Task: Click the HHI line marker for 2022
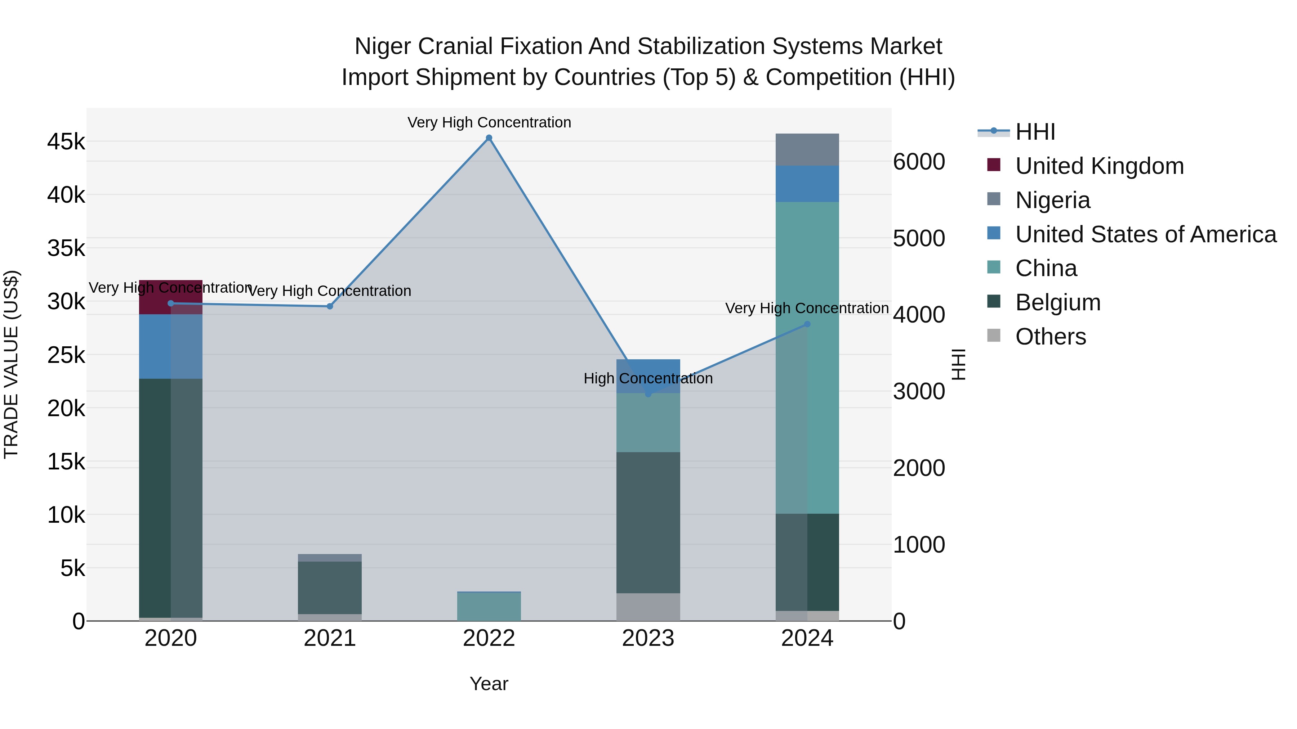click(x=489, y=138)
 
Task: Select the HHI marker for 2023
click(x=648, y=394)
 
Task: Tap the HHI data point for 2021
click(x=330, y=306)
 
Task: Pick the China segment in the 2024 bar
click(x=807, y=357)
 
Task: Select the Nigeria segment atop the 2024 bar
click(x=807, y=149)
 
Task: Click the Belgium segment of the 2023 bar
click(x=648, y=522)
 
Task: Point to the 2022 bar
click(x=489, y=607)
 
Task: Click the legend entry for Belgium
click(x=1057, y=303)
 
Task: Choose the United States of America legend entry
click(x=1145, y=234)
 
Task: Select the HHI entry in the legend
click(x=1035, y=132)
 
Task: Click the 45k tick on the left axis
click(x=66, y=142)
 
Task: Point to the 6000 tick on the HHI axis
click(x=918, y=162)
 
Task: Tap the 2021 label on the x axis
click(x=330, y=638)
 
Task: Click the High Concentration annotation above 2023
click(x=648, y=378)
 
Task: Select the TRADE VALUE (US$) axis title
click(x=11, y=364)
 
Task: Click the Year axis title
click(x=489, y=684)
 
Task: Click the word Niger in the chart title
click(x=383, y=46)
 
